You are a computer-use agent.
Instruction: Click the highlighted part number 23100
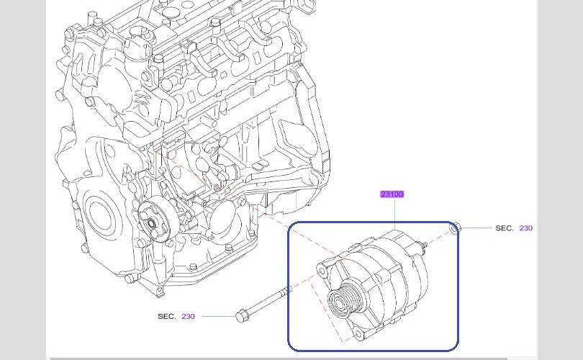pos(392,194)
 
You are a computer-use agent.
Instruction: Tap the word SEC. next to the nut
pos(504,228)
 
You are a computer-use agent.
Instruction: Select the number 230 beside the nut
pos(525,228)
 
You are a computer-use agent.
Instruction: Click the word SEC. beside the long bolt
pos(166,316)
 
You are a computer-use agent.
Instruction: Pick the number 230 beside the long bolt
pos(188,316)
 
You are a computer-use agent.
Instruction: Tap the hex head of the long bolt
pos(241,316)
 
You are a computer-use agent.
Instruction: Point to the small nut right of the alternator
pos(456,228)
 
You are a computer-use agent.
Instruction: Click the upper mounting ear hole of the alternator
pos(322,271)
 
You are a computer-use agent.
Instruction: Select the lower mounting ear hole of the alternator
pos(358,333)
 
